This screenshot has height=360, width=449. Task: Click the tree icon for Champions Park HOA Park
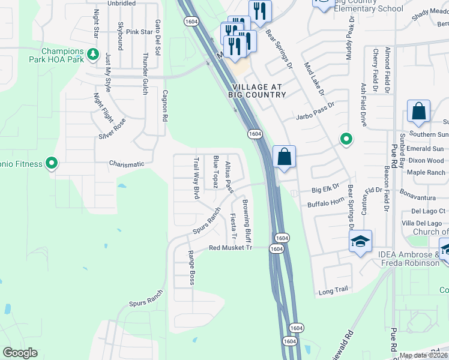click(x=92, y=55)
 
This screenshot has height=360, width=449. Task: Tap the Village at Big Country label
click(x=256, y=91)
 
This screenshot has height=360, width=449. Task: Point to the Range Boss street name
click(x=192, y=268)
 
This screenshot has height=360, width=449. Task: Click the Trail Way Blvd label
click(x=196, y=178)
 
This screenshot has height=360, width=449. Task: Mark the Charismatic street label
click(x=127, y=164)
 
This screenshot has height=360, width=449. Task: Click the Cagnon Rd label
click(x=164, y=105)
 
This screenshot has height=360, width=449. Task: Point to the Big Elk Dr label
click(x=325, y=190)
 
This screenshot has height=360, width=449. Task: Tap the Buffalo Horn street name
click(x=324, y=205)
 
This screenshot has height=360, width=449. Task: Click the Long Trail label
click(x=333, y=290)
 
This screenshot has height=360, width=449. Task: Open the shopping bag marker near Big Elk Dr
click(x=285, y=157)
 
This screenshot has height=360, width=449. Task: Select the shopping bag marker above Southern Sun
click(x=418, y=112)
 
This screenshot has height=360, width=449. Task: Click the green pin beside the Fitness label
click(x=52, y=163)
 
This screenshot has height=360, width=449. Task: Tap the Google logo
click(x=20, y=353)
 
